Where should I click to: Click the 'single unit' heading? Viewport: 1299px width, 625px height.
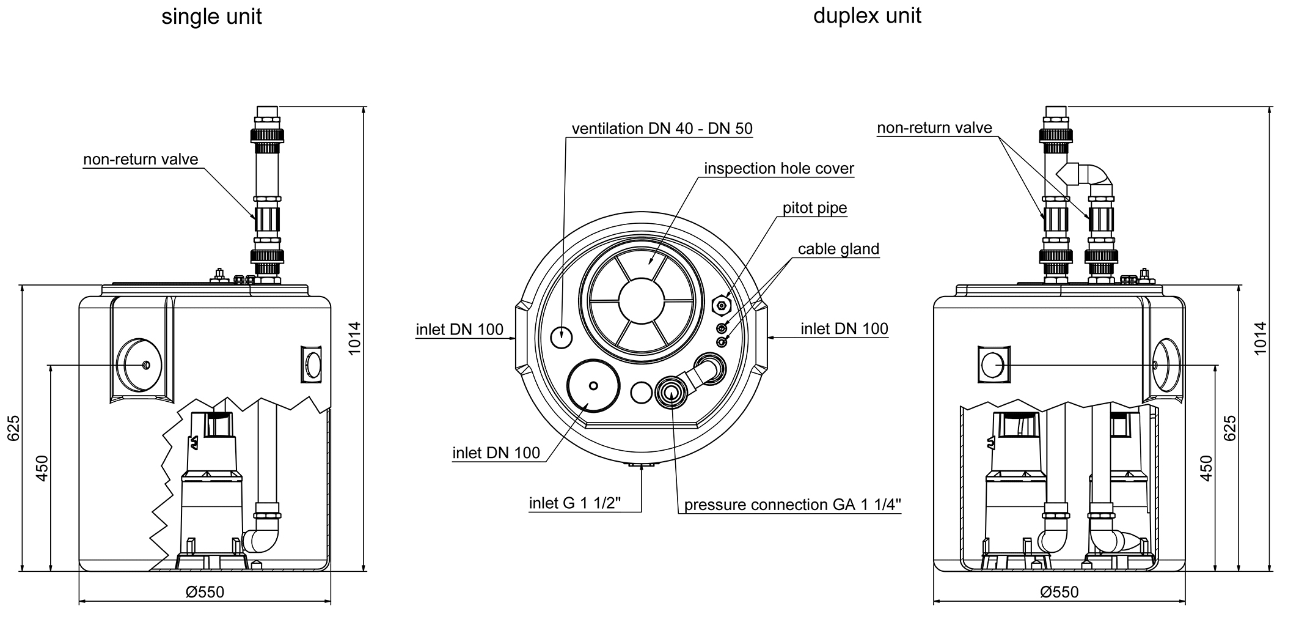[211, 17]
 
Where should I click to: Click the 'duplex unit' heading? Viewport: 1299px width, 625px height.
[866, 15]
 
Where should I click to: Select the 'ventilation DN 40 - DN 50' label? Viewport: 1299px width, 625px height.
[662, 129]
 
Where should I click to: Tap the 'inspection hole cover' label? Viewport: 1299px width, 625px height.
[778, 169]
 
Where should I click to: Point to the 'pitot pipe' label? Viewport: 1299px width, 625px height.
[814, 208]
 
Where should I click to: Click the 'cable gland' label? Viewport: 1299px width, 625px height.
[838, 249]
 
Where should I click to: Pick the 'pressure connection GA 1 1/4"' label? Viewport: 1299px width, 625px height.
[792, 505]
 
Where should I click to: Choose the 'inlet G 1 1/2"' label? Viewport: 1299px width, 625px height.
[574, 503]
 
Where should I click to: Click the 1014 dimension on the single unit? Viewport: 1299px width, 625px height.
[355, 338]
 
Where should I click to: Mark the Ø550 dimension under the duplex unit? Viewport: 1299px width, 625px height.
[1059, 592]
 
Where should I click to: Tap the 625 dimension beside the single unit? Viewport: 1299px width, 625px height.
[14, 428]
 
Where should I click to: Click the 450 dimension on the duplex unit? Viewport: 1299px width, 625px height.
[1206, 468]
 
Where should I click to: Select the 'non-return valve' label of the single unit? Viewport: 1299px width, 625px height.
[141, 160]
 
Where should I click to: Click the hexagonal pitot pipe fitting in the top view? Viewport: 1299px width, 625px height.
[722, 304]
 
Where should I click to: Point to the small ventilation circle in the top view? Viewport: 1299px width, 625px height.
[562, 336]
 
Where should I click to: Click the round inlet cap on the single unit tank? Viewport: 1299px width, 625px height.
[139, 365]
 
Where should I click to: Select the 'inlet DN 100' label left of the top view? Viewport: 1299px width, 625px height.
[459, 330]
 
